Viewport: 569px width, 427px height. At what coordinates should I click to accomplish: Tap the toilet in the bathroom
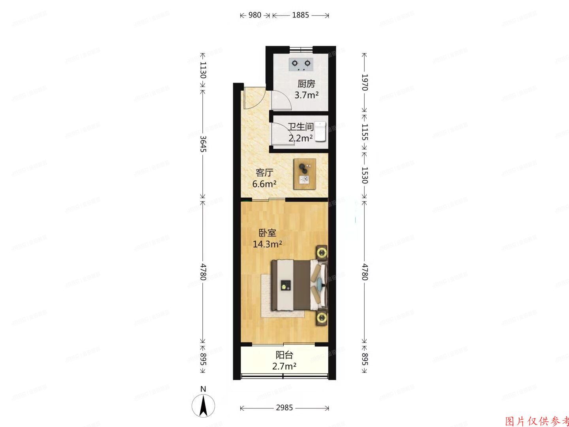point(320,131)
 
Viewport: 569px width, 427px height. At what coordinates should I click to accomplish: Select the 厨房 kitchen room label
point(306,84)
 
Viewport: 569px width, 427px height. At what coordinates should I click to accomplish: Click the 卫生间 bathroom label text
point(300,127)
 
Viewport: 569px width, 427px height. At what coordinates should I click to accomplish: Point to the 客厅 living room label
point(264,173)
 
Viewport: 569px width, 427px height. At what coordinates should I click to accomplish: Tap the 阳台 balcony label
point(284,355)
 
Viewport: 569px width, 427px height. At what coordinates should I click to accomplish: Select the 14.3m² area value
point(267,244)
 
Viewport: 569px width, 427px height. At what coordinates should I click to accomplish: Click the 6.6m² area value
point(264,184)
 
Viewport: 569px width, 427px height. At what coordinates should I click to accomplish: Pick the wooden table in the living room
point(304,174)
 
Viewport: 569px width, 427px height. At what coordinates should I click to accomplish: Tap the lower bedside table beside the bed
point(322,317)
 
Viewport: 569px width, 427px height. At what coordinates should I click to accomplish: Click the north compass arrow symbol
point(203,405)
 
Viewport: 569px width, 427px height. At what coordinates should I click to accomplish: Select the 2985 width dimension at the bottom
point(284,408)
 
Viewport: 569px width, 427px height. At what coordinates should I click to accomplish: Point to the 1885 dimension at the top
point(300,15)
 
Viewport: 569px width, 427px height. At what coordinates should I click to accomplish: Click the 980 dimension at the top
point(254,15)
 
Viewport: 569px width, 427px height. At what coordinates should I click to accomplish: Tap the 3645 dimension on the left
point(203,144)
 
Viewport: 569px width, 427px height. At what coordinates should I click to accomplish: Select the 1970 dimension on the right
point(364,82)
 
